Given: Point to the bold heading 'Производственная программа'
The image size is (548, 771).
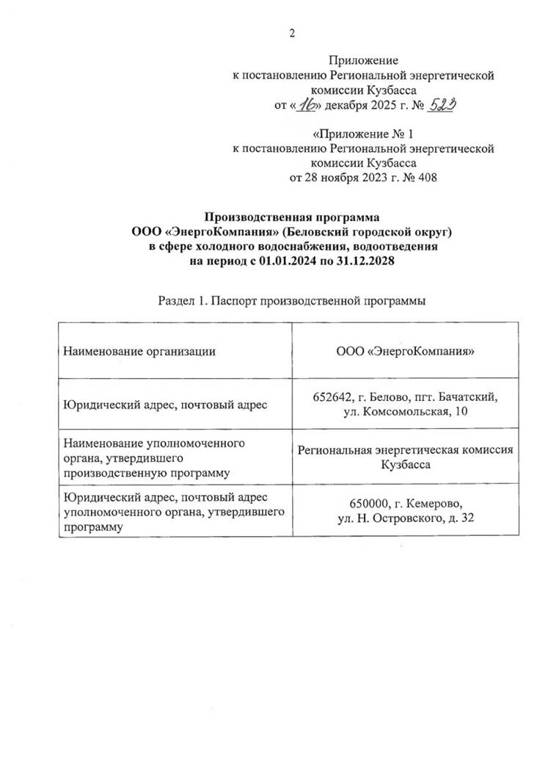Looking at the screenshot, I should point(291,217).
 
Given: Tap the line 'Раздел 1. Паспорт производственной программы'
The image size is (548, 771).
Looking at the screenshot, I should point(291,301).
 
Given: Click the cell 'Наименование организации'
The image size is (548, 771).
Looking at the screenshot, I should point(139,351).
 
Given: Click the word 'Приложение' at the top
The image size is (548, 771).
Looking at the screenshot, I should point(364,61).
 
